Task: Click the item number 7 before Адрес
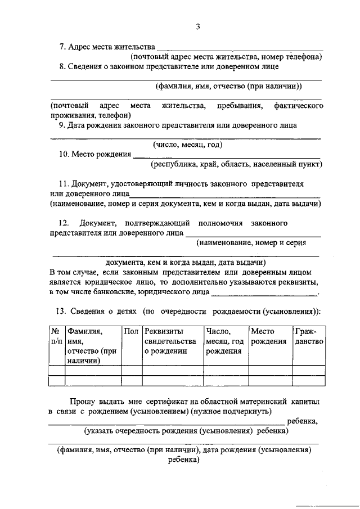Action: [62, 46]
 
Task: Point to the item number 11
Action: [63, 184]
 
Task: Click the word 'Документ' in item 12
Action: [99, 223]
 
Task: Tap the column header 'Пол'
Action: [130, 331]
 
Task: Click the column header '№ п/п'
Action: [56, 336]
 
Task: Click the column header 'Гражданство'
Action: [308, 336]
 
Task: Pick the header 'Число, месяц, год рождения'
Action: [224, 341]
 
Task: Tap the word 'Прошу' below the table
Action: [82, 403]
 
